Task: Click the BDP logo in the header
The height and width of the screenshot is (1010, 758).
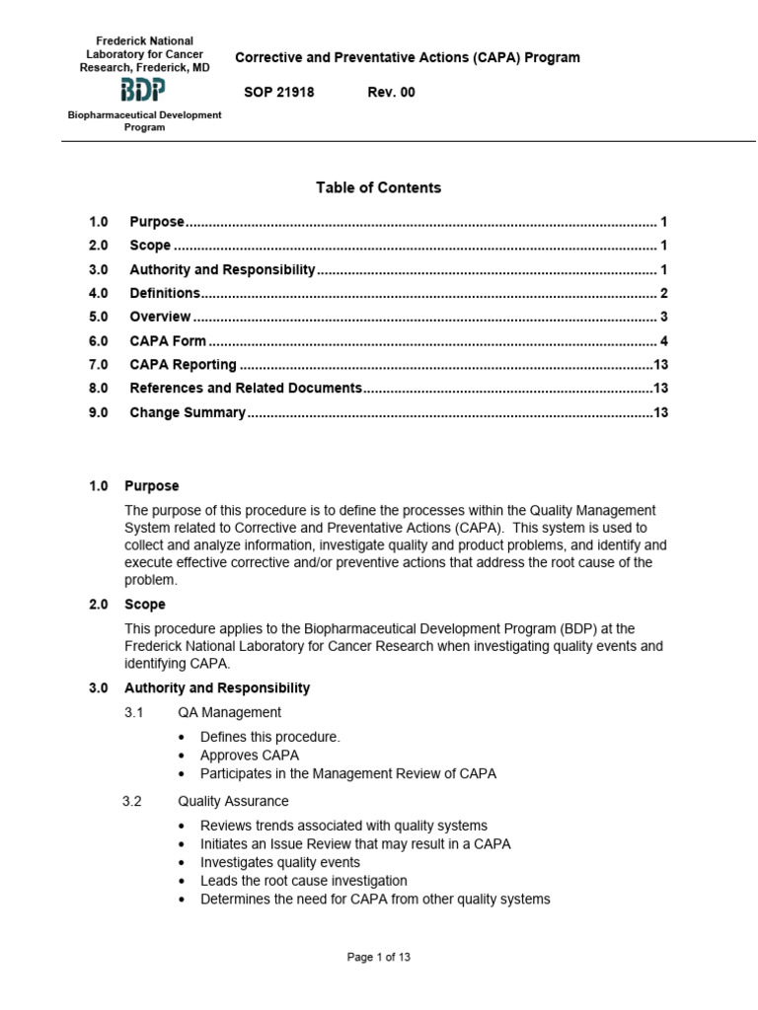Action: click(142, 92)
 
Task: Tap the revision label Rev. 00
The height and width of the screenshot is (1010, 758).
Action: click(392, 92)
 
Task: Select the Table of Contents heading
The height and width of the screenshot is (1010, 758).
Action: click(378, 187)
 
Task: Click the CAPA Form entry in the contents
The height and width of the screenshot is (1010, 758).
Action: click(168, 341)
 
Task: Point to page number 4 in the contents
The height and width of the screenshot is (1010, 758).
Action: click(664, 341)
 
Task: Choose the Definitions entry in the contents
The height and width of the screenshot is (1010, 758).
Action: click(165, 293)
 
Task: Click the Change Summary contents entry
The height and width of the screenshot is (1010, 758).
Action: click(187, 412)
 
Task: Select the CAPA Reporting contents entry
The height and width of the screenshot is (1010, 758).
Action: click(183, 365)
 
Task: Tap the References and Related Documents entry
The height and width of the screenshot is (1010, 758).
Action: click(246, 389)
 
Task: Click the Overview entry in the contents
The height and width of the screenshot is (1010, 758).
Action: click(160, 317)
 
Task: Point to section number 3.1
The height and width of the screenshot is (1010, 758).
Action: click(134, 712)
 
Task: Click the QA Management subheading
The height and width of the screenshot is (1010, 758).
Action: click(229, 712)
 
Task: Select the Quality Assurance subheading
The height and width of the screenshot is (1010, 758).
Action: click(233, 802)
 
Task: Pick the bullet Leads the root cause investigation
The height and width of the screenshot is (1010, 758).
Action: click(303, 881)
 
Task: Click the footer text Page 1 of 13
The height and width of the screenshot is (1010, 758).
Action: click(379, 957)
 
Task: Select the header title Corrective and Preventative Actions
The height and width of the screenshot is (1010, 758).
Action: click(407, 57)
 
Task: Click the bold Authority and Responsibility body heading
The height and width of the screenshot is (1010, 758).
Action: click(217, 687)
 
